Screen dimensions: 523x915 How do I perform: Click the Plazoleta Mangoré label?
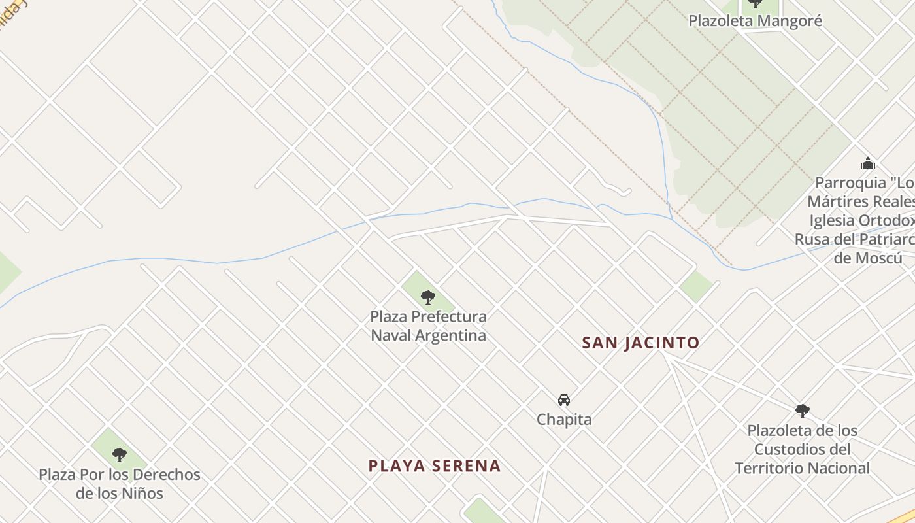click(755, 21)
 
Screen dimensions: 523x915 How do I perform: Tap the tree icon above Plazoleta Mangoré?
click(756, 3)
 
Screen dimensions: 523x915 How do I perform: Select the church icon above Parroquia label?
click(867, 163)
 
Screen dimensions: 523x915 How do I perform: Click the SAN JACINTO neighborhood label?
click(640, 343)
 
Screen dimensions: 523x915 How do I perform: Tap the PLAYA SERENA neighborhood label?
click(435, 466)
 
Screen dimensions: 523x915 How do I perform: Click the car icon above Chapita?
click(564, 400)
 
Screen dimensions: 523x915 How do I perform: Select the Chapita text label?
click(564, 420)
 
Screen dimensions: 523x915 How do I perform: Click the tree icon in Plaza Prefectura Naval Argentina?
click(428, 297)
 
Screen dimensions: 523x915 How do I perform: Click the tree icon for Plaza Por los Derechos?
click(119, 455)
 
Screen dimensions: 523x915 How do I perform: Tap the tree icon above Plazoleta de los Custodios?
click(803, 411)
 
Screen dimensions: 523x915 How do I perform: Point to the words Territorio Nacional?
click(803, 468)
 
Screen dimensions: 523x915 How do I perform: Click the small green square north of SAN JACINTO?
click(695, 286)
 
